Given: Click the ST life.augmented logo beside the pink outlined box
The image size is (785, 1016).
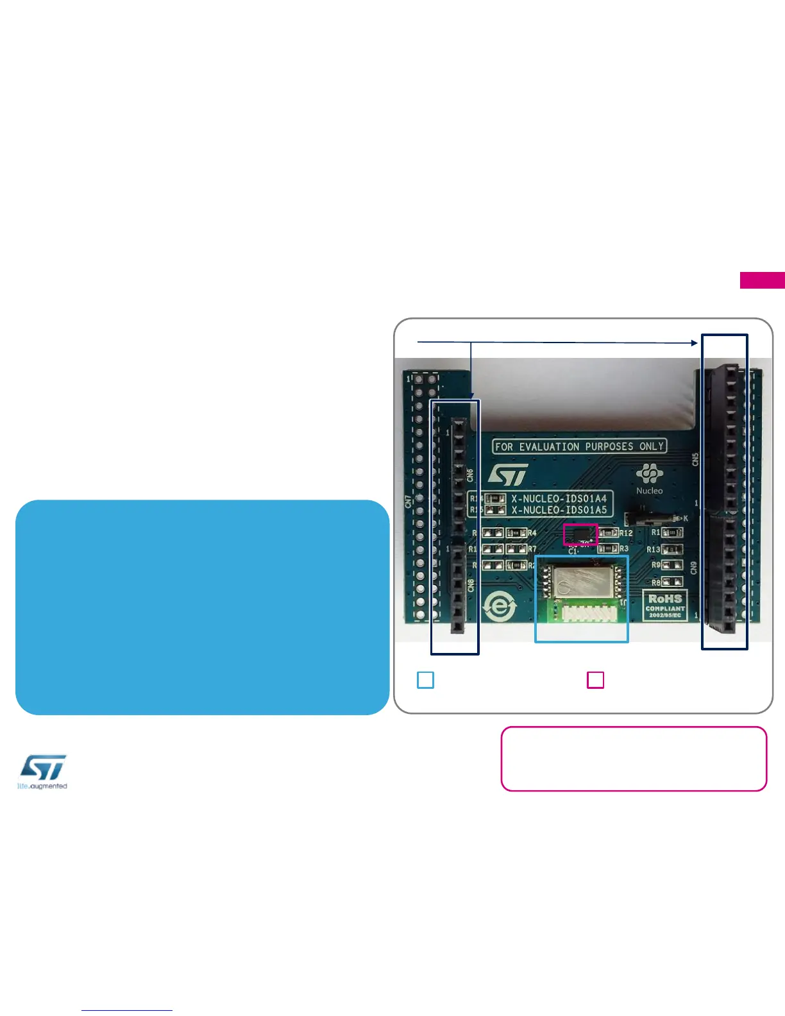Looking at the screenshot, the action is point(42,772).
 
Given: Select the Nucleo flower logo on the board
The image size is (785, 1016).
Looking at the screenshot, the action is point(649,474).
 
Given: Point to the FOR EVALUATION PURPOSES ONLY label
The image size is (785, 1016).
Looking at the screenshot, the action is point(579,446).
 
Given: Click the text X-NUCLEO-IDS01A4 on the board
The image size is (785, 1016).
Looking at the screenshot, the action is point(559,498).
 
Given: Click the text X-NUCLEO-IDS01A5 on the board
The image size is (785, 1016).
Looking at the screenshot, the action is point(559,510).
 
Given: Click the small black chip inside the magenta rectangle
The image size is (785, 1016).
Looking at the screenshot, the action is point(580,534).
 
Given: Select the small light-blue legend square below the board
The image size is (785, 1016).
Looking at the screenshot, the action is point(425,680).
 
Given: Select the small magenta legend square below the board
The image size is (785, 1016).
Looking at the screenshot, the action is point(595,680).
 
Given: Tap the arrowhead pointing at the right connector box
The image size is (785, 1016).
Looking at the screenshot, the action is point(694,343).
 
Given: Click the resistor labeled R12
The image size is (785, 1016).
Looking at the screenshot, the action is point(609,533).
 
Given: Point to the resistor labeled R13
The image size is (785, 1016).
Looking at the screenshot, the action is point(671,550).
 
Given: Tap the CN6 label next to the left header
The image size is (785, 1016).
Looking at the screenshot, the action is point(470,475).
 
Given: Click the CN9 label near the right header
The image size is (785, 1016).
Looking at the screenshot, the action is point(694,567).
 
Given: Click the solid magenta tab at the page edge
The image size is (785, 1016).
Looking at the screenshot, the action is point(762,280).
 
